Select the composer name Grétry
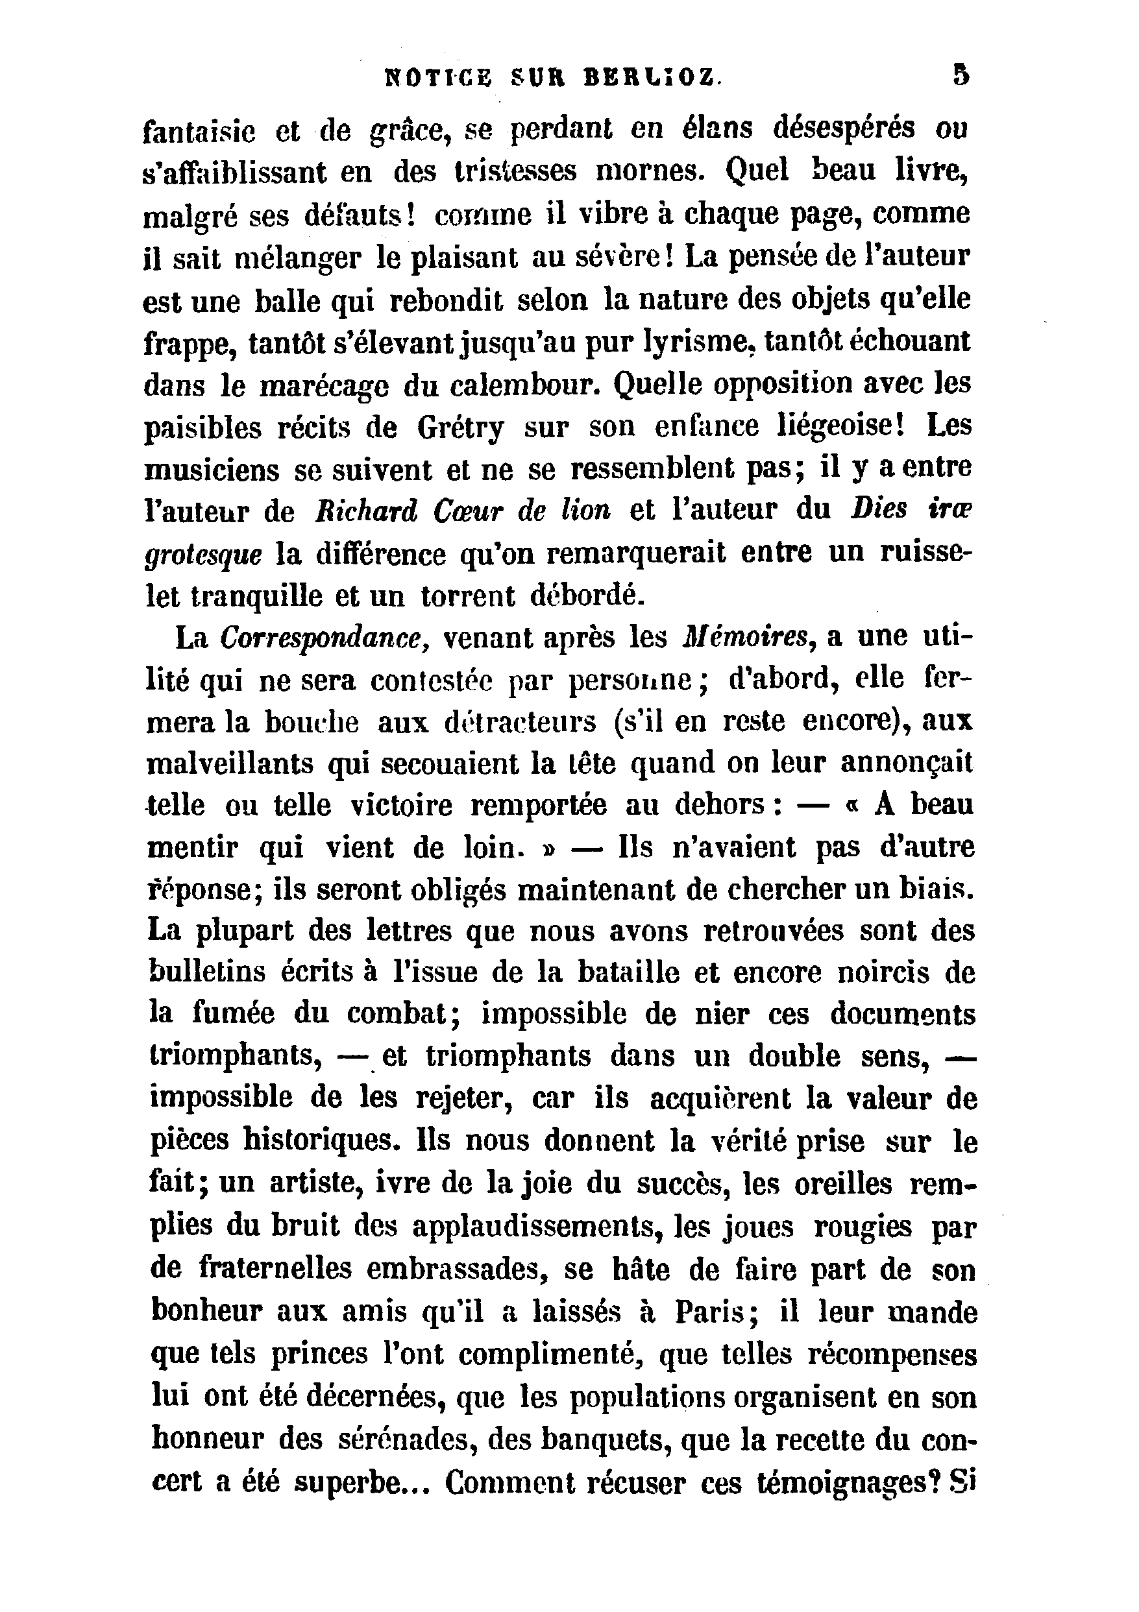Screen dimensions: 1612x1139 [x=460, y=427]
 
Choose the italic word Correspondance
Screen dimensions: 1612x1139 [x=320, y=638]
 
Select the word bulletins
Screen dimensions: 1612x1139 [x=208, y=972]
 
